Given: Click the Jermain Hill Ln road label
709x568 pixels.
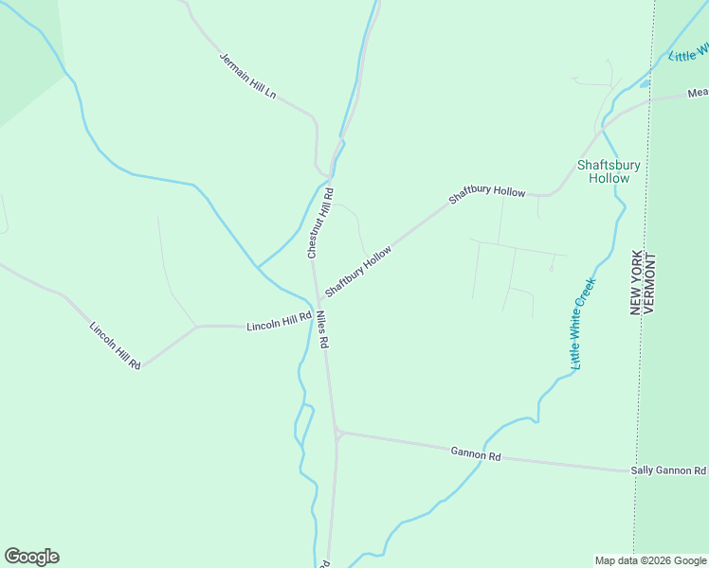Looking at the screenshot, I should [247, 76].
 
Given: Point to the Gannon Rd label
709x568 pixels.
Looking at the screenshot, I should [477, 455].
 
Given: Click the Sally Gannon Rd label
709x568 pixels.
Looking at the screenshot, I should [669, 470].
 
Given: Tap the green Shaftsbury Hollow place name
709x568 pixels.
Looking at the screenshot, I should [609, 171].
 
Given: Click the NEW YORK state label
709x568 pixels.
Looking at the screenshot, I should [637, 282].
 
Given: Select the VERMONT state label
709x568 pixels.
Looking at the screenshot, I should [651, 282].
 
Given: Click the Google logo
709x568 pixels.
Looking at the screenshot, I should [31, 557].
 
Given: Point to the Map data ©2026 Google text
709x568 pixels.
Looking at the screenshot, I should [650, 560].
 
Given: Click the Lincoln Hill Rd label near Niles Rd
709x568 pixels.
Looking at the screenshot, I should [279, 322].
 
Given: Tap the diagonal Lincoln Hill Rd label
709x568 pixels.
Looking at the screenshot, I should [116, 346].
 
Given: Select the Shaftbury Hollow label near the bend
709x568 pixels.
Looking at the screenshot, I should [486, 193].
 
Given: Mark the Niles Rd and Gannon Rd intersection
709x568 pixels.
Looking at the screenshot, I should [336, 433].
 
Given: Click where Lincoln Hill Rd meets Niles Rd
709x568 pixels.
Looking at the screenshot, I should [315, 325].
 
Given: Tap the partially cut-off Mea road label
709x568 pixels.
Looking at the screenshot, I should [698, 93].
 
